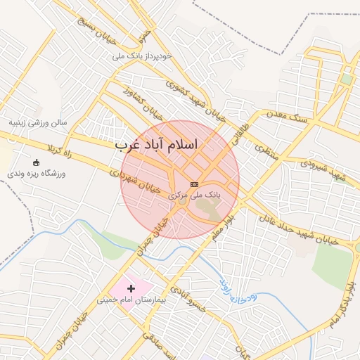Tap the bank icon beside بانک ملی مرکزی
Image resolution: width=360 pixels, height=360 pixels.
(195, 184)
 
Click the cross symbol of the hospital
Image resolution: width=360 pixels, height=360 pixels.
(131, 288)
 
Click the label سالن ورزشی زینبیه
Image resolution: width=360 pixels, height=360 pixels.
(38, 122)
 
